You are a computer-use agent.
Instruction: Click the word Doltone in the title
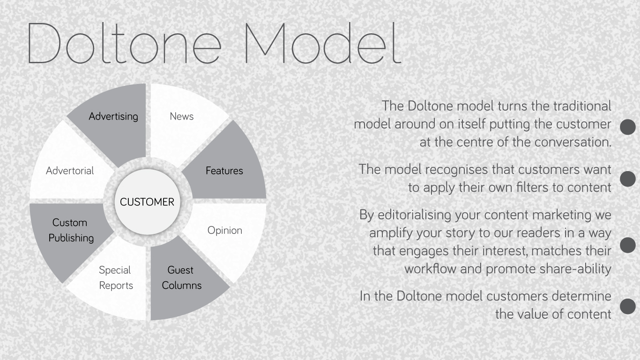[x=124, y=43]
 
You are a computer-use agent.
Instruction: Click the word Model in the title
[x=323, y=43]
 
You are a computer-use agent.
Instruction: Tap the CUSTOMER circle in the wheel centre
[x=147, y=202]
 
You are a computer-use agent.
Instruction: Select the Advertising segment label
[x=113, y=117]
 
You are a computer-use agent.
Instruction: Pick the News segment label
[x=182, y=116]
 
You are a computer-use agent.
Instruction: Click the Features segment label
[x=224, y=171]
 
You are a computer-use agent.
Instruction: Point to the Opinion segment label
[x=225, y=231]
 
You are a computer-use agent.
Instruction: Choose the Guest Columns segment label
[x=182, y=277]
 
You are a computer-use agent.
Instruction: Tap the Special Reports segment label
[x=116, y=277]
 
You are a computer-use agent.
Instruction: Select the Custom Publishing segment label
[x=71, y=230]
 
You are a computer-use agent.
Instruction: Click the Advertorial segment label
[x=70, y=171]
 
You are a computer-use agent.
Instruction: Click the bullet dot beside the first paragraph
[x=628, y=127]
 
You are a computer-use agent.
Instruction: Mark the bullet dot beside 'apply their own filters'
[x=628, y=179]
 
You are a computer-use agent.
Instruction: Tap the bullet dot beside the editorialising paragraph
[x=628, y=245]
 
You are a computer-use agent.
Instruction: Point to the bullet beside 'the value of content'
[x=628, y=306]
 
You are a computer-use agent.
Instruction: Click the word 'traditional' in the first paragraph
[x=582, y=106]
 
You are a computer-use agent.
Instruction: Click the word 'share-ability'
[x=575, y=269]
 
